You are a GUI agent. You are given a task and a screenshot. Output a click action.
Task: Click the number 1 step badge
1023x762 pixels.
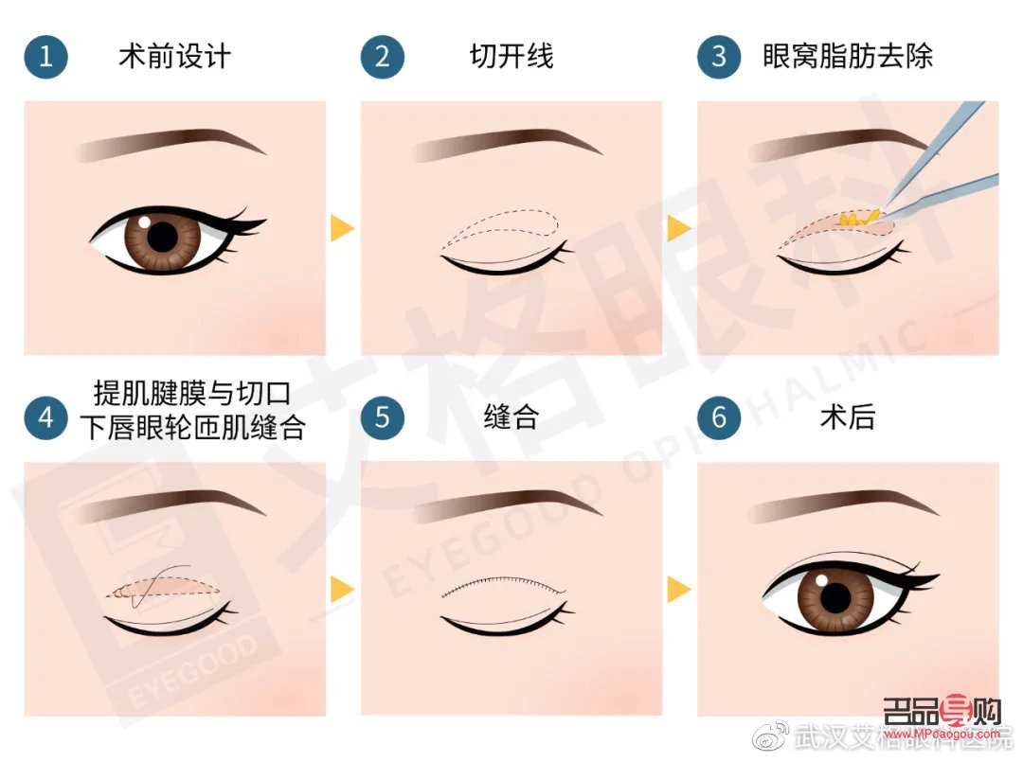(45, 57)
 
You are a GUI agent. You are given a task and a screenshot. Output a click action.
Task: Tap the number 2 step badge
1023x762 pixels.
(382, 57)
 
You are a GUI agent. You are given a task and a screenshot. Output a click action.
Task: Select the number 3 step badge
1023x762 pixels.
(719, 57)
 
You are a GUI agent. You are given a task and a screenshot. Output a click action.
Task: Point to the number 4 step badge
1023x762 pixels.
(45, 417)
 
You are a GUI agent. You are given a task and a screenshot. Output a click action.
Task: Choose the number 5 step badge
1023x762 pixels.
(382, 417)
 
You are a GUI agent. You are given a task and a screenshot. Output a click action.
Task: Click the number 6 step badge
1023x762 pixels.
(719, 417)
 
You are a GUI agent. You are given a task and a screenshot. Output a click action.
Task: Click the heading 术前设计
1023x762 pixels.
(174, 56)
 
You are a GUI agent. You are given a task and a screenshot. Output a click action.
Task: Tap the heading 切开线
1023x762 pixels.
(511, 56)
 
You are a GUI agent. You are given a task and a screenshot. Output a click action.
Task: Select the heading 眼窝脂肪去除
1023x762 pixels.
(848, 56)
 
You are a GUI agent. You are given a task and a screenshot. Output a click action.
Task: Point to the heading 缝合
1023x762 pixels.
(511, 417)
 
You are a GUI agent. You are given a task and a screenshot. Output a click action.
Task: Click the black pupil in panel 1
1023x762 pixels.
(164, 237)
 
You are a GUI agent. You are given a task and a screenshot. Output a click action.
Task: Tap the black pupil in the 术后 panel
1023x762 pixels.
(835, 597)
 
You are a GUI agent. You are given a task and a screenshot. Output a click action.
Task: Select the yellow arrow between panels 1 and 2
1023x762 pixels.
(342, 228)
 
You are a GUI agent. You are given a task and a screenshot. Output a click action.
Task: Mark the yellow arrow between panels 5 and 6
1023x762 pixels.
(679, 590)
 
